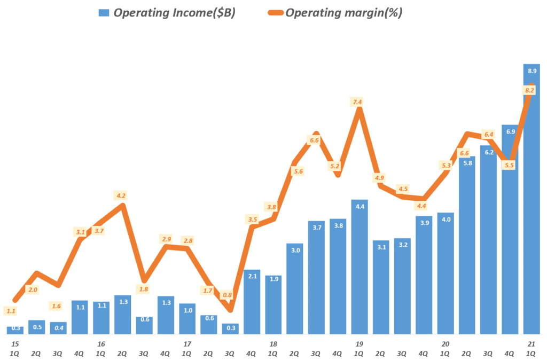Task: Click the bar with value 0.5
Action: click(x=36, y=327)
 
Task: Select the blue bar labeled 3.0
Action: click(x=295, y=291)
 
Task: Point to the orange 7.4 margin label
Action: click(x=357, y=102)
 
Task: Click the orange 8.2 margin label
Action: click(x=530, y=91)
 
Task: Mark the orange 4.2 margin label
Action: click(x=121, y=195)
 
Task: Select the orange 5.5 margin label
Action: click(x=509, y=165)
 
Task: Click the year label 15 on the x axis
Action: click(x=14, y=343)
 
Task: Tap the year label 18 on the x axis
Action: click(x=273, y=343)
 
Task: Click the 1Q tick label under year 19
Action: click(x=360, y=353)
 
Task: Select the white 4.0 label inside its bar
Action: click(x=446, y=220)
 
